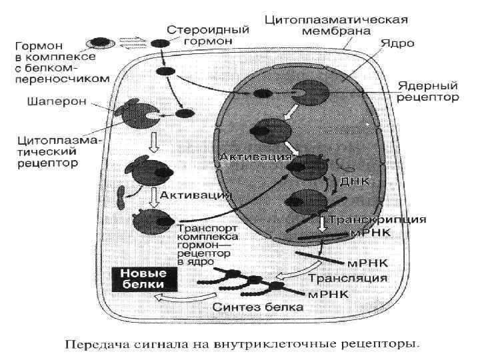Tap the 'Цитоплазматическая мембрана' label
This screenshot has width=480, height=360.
point(337,25)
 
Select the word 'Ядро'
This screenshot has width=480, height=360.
point(397,43)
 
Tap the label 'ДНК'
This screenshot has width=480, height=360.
point(354,181)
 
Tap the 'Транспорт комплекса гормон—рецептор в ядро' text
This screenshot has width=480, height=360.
point(204,244)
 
